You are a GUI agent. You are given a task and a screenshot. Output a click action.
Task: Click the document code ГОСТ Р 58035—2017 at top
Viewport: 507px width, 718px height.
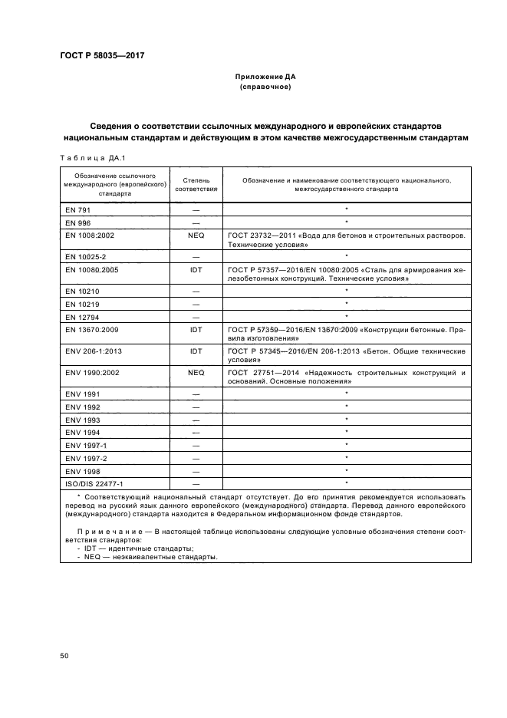coord(102,55)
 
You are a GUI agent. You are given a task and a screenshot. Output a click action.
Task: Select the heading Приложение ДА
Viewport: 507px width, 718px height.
coord(265,77)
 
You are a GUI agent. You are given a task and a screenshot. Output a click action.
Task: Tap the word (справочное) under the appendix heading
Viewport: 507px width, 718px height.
coord(265,87)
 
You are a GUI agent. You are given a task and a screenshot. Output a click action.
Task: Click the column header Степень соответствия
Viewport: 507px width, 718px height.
coord(196,183)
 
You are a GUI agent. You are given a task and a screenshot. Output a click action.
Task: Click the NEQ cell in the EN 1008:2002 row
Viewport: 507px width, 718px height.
coord(196,235)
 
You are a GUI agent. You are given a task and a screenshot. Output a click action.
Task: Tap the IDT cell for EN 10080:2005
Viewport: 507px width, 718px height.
coord(196,271)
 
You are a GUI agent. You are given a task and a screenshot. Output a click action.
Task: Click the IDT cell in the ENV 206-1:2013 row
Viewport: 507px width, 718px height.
coord(196,351)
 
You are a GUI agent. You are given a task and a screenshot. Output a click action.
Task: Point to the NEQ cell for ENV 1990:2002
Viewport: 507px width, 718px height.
coord(196,373)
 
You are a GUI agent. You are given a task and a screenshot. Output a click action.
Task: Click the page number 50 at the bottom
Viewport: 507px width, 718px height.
coord(64,656)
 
